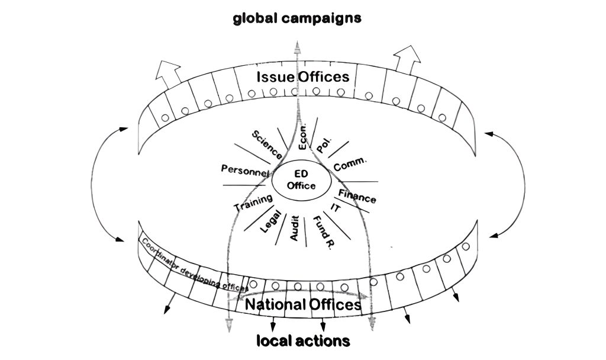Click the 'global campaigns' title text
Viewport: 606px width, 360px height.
click(x=296, y=18)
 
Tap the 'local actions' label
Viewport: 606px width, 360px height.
click(x=302, y=341)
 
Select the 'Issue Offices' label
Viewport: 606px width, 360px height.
click(x=303, y=77)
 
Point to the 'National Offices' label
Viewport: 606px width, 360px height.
click(x=302, y=304)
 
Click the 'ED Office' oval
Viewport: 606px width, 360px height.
click(x=301, y=179)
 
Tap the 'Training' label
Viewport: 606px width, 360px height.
click(x=253, y=203)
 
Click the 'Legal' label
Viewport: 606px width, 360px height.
click(x=269, y=222)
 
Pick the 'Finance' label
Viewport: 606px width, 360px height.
click(x=357, y=195)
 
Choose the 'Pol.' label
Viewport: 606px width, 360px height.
click(x=324, y=145)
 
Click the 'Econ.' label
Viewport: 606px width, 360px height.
click(x=303, y=138)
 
